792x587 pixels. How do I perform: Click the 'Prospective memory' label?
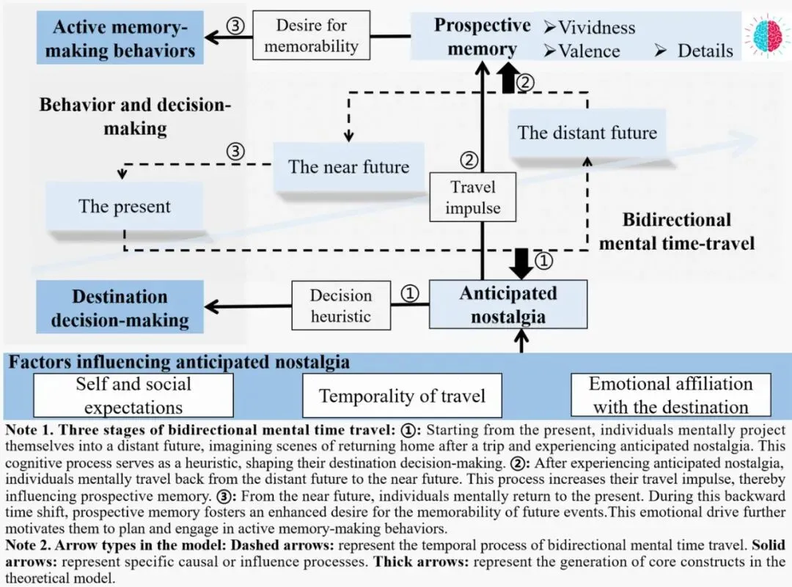tap(482, 37)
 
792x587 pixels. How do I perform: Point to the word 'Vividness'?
tap(596, 28)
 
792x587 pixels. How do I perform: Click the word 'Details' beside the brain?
tap(704, 51)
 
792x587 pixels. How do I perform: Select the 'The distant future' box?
tap(587, 133)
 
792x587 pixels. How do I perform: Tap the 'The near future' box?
tap(348, 166)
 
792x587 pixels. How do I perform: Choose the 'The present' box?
tap(124, 206)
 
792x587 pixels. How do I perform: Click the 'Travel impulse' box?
tap(473, 197)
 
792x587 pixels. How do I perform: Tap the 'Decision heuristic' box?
tap(340, 306)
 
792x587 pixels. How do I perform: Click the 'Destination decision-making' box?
tap(120, 308)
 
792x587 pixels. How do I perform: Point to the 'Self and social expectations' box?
tap(133, 395)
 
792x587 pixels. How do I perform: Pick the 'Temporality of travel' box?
tap(402, 396)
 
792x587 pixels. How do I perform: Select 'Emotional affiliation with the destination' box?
tap(671, 395)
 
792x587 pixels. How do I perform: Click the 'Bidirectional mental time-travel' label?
tap(676, 231)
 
